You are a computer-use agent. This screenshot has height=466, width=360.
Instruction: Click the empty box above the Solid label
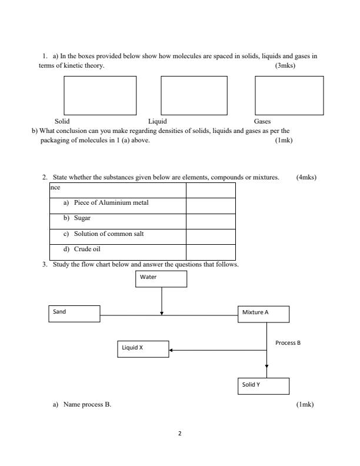[x=100, y=96]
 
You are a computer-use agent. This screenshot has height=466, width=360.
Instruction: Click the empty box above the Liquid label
[x=194, y=96]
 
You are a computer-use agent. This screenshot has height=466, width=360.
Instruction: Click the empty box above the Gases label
[x=289, y=96]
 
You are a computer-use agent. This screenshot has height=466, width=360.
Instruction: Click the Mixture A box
[x=264, y=314]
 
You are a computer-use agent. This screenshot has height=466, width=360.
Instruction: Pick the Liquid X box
[x=142, y=349]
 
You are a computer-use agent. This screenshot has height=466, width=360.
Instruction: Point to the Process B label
[x=288, y=342]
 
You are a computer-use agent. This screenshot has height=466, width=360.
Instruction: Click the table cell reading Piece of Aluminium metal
[x=118, y=204]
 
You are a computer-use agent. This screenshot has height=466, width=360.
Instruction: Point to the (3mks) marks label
[x=285, y=66]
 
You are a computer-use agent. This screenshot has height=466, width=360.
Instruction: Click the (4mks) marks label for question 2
[x=306, y=177]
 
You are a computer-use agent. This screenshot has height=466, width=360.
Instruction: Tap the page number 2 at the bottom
[x=180, y=434]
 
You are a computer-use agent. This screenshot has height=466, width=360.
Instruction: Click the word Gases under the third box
[x=262, y=121]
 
